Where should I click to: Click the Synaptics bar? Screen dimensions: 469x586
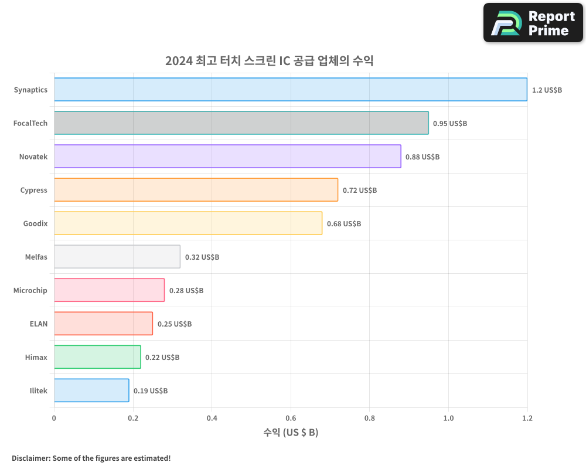[290, 90]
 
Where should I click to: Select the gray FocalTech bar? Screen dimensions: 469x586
[241, 123]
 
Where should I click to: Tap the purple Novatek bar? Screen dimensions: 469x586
[227, 157]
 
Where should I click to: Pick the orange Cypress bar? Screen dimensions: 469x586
[196, 190]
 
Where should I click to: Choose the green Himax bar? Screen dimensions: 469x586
[97, 357]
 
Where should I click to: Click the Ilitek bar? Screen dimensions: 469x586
[91, 390]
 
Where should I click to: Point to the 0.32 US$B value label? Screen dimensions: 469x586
[202, 257]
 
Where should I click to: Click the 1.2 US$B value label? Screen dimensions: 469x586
[547, 90]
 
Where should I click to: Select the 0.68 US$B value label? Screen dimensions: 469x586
[344, 224]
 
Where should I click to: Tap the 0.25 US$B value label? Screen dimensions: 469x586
[175, 324]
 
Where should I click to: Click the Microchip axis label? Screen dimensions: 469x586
[30, 291]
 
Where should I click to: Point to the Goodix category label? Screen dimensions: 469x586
[35, 224]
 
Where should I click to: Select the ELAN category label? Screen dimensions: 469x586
[39, 324]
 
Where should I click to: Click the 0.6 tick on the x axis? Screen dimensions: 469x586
[291, 419]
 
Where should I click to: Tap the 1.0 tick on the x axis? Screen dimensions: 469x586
[448, 419]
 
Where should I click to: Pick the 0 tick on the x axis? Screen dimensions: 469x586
[54, 419]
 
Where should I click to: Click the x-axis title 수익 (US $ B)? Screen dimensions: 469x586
[291, 433]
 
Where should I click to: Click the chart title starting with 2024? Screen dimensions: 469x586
[269, 61]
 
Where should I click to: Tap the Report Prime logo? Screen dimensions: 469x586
[533, 23]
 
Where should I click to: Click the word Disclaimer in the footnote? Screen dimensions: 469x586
[30, 458]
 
